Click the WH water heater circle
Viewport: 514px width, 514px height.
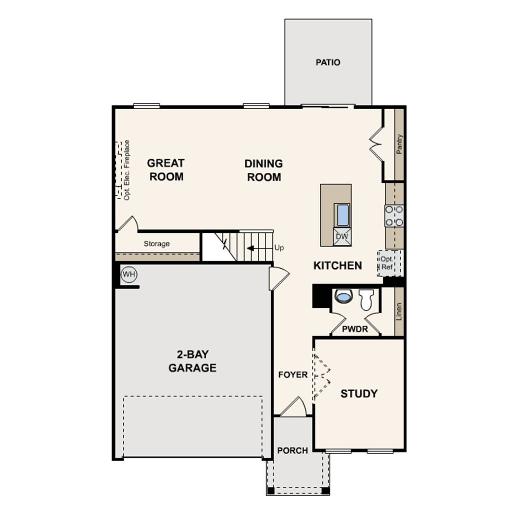point(129,274)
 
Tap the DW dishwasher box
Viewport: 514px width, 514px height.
point(342,236)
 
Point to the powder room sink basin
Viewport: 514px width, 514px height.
point(344,296)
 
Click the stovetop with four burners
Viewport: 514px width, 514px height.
point(394,216)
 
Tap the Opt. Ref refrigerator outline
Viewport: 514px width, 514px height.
point(388,263)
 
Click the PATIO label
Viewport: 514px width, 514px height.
point(328,62)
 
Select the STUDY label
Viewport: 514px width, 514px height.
point(359,393)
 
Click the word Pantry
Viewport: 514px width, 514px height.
point(399,144)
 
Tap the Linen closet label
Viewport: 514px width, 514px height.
point(399,311)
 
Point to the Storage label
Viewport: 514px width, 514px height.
point(157,244)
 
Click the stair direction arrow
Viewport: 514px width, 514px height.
point(251,248)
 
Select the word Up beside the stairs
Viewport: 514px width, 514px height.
point(279,247)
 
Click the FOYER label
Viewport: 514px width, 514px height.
point(293,375)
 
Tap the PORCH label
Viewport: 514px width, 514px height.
point(293,450)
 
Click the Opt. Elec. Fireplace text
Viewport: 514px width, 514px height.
point(127,170)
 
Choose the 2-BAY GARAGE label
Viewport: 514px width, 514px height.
point(192,361)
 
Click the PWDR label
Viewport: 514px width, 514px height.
point(355,329)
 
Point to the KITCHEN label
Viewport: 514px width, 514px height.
point(338,266)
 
